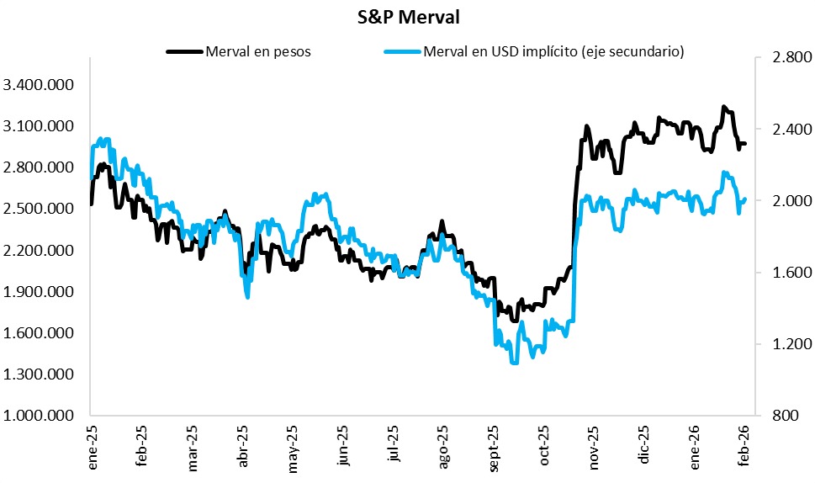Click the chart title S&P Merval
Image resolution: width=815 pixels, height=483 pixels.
408,16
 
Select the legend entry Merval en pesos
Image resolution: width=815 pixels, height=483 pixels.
257,52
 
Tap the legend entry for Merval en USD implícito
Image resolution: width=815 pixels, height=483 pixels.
554,52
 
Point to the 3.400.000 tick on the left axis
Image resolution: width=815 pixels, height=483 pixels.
39,85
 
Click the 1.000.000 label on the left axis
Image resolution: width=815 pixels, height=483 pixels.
39,417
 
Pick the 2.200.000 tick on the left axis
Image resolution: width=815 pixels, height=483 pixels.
39,251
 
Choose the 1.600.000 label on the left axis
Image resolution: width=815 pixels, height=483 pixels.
39,333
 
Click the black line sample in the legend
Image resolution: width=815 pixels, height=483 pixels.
186,52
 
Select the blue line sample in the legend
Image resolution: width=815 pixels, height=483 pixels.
402,52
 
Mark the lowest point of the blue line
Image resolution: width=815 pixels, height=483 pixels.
514,362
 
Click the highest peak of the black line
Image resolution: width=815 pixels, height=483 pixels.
724,107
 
